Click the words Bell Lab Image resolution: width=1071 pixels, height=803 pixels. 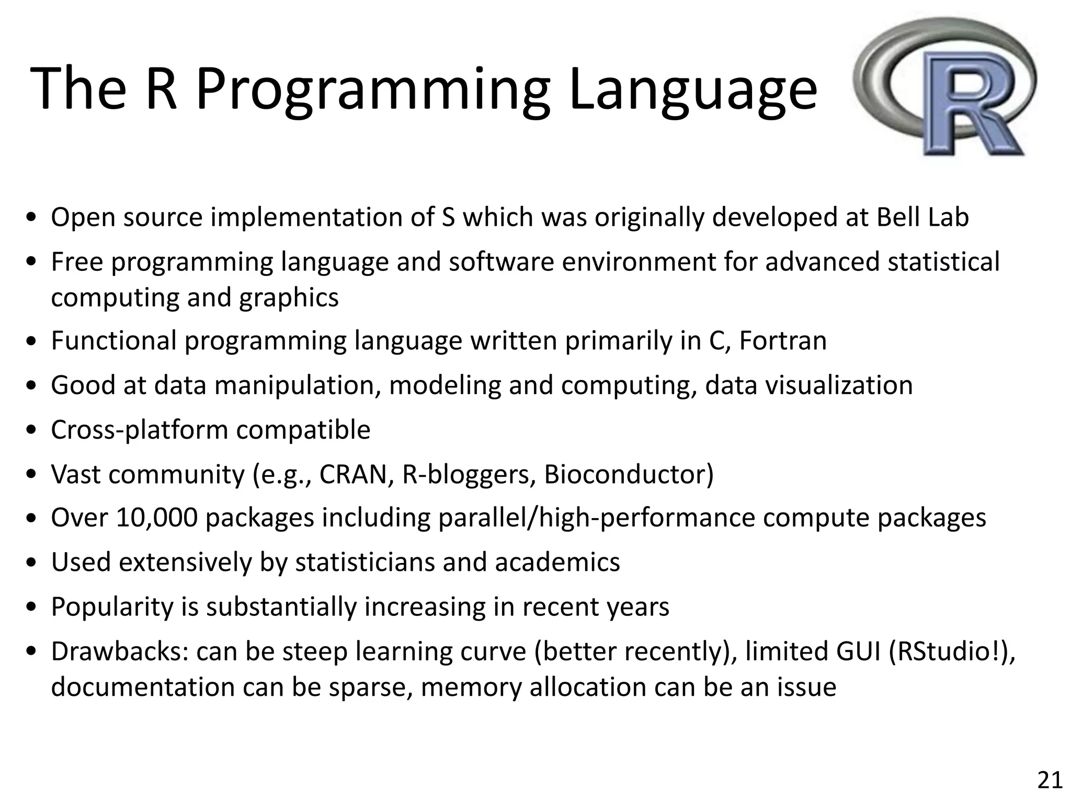(x=922, y=217)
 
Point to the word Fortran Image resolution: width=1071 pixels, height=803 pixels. (x=783, y=341)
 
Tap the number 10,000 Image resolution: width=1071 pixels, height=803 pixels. (x=157, y=518)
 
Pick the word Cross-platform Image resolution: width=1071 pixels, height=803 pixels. (x=139, y=430)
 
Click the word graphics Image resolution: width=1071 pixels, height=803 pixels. (x=289, y=297)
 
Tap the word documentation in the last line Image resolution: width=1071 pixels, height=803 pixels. (x=142, y=687)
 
